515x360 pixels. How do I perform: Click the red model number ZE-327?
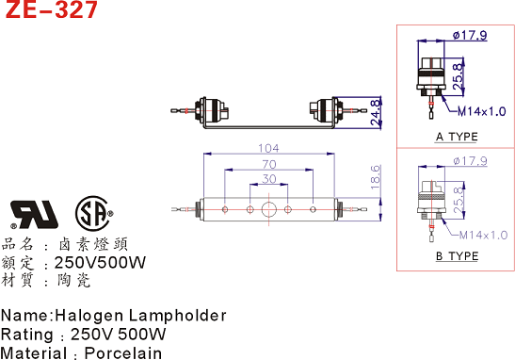pos(52,9)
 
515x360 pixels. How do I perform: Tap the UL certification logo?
pos(34,215)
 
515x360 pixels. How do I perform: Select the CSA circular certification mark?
pos(92,214)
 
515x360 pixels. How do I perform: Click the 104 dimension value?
pos(268,148)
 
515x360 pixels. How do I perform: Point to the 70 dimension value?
pos(268,164)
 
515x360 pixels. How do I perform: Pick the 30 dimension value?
pos(268,179)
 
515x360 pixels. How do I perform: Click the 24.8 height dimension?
pos(376,112)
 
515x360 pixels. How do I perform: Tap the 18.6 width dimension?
pos(376,177)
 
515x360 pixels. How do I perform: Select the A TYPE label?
pos(457,137)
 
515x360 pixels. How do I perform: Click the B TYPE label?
pos(457,255)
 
